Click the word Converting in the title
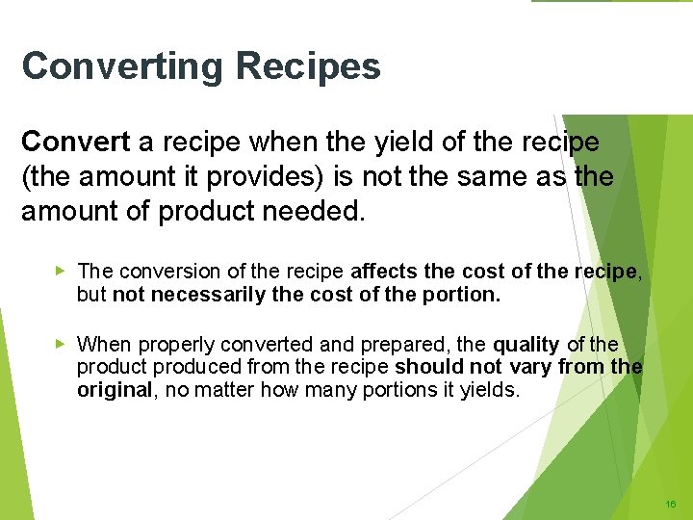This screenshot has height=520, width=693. click(124, 67)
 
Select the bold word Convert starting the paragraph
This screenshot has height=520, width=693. click(75, 143)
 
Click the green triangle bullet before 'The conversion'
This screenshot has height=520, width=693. click(61, 272)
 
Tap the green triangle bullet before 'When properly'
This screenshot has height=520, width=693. click(61, 343)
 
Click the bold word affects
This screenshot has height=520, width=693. click(384, 272)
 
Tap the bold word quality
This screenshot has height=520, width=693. click(526, 344)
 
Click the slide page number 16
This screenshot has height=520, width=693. click(670, 504)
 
